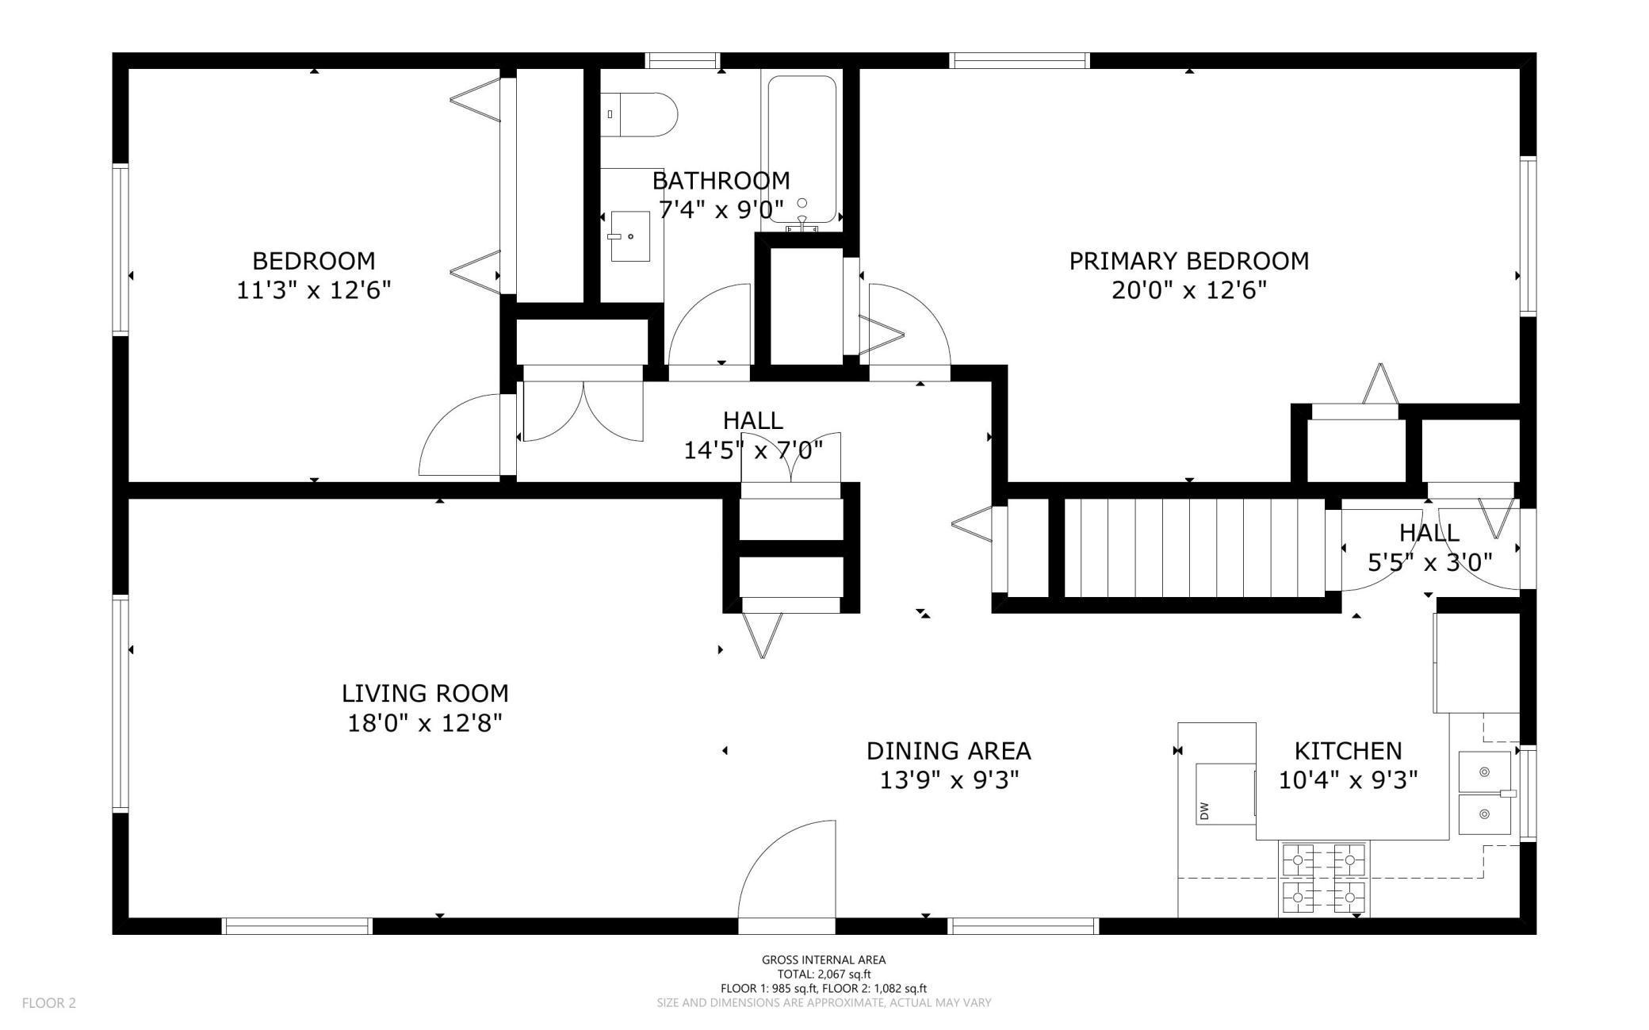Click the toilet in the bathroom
638,115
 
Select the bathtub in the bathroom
802,149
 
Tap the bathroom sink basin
630,236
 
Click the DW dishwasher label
1204,810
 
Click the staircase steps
1193,548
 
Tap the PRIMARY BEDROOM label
1188,261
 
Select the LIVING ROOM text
425,694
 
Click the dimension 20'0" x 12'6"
1188,291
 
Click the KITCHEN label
1348,751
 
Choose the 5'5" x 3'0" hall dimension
1429,563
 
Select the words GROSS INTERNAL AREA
824,960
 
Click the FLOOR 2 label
49,1003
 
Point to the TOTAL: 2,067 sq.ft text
824,974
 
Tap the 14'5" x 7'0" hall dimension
753,450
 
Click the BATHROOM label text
721,181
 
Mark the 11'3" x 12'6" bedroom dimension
314,290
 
